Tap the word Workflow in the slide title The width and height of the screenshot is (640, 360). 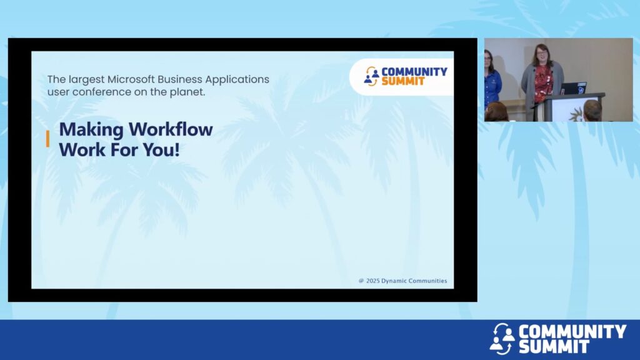(171, 129)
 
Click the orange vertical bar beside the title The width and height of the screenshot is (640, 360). (47, 139)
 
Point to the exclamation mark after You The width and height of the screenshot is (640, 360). (177, 149)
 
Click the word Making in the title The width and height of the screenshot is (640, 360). (91, 130)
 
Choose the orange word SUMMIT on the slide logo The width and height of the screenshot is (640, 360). (403, 81)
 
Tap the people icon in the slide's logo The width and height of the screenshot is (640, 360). (371, 76)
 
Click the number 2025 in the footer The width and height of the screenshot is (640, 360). (372, 281)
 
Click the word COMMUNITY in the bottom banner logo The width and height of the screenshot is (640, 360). (572, 331)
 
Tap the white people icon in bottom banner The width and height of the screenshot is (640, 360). (502, 338)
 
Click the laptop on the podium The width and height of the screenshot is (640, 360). (574, 88)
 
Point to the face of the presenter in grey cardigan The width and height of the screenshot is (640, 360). (542, 55)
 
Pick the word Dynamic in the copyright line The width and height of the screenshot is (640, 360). (394, 281)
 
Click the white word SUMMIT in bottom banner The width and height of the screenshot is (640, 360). (554, 347)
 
